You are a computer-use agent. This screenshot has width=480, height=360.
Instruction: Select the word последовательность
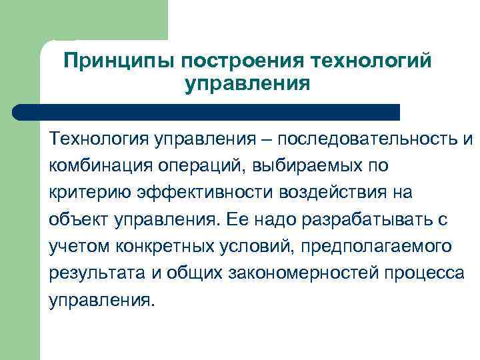368,140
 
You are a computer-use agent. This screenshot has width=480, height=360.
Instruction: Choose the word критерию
90,193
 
